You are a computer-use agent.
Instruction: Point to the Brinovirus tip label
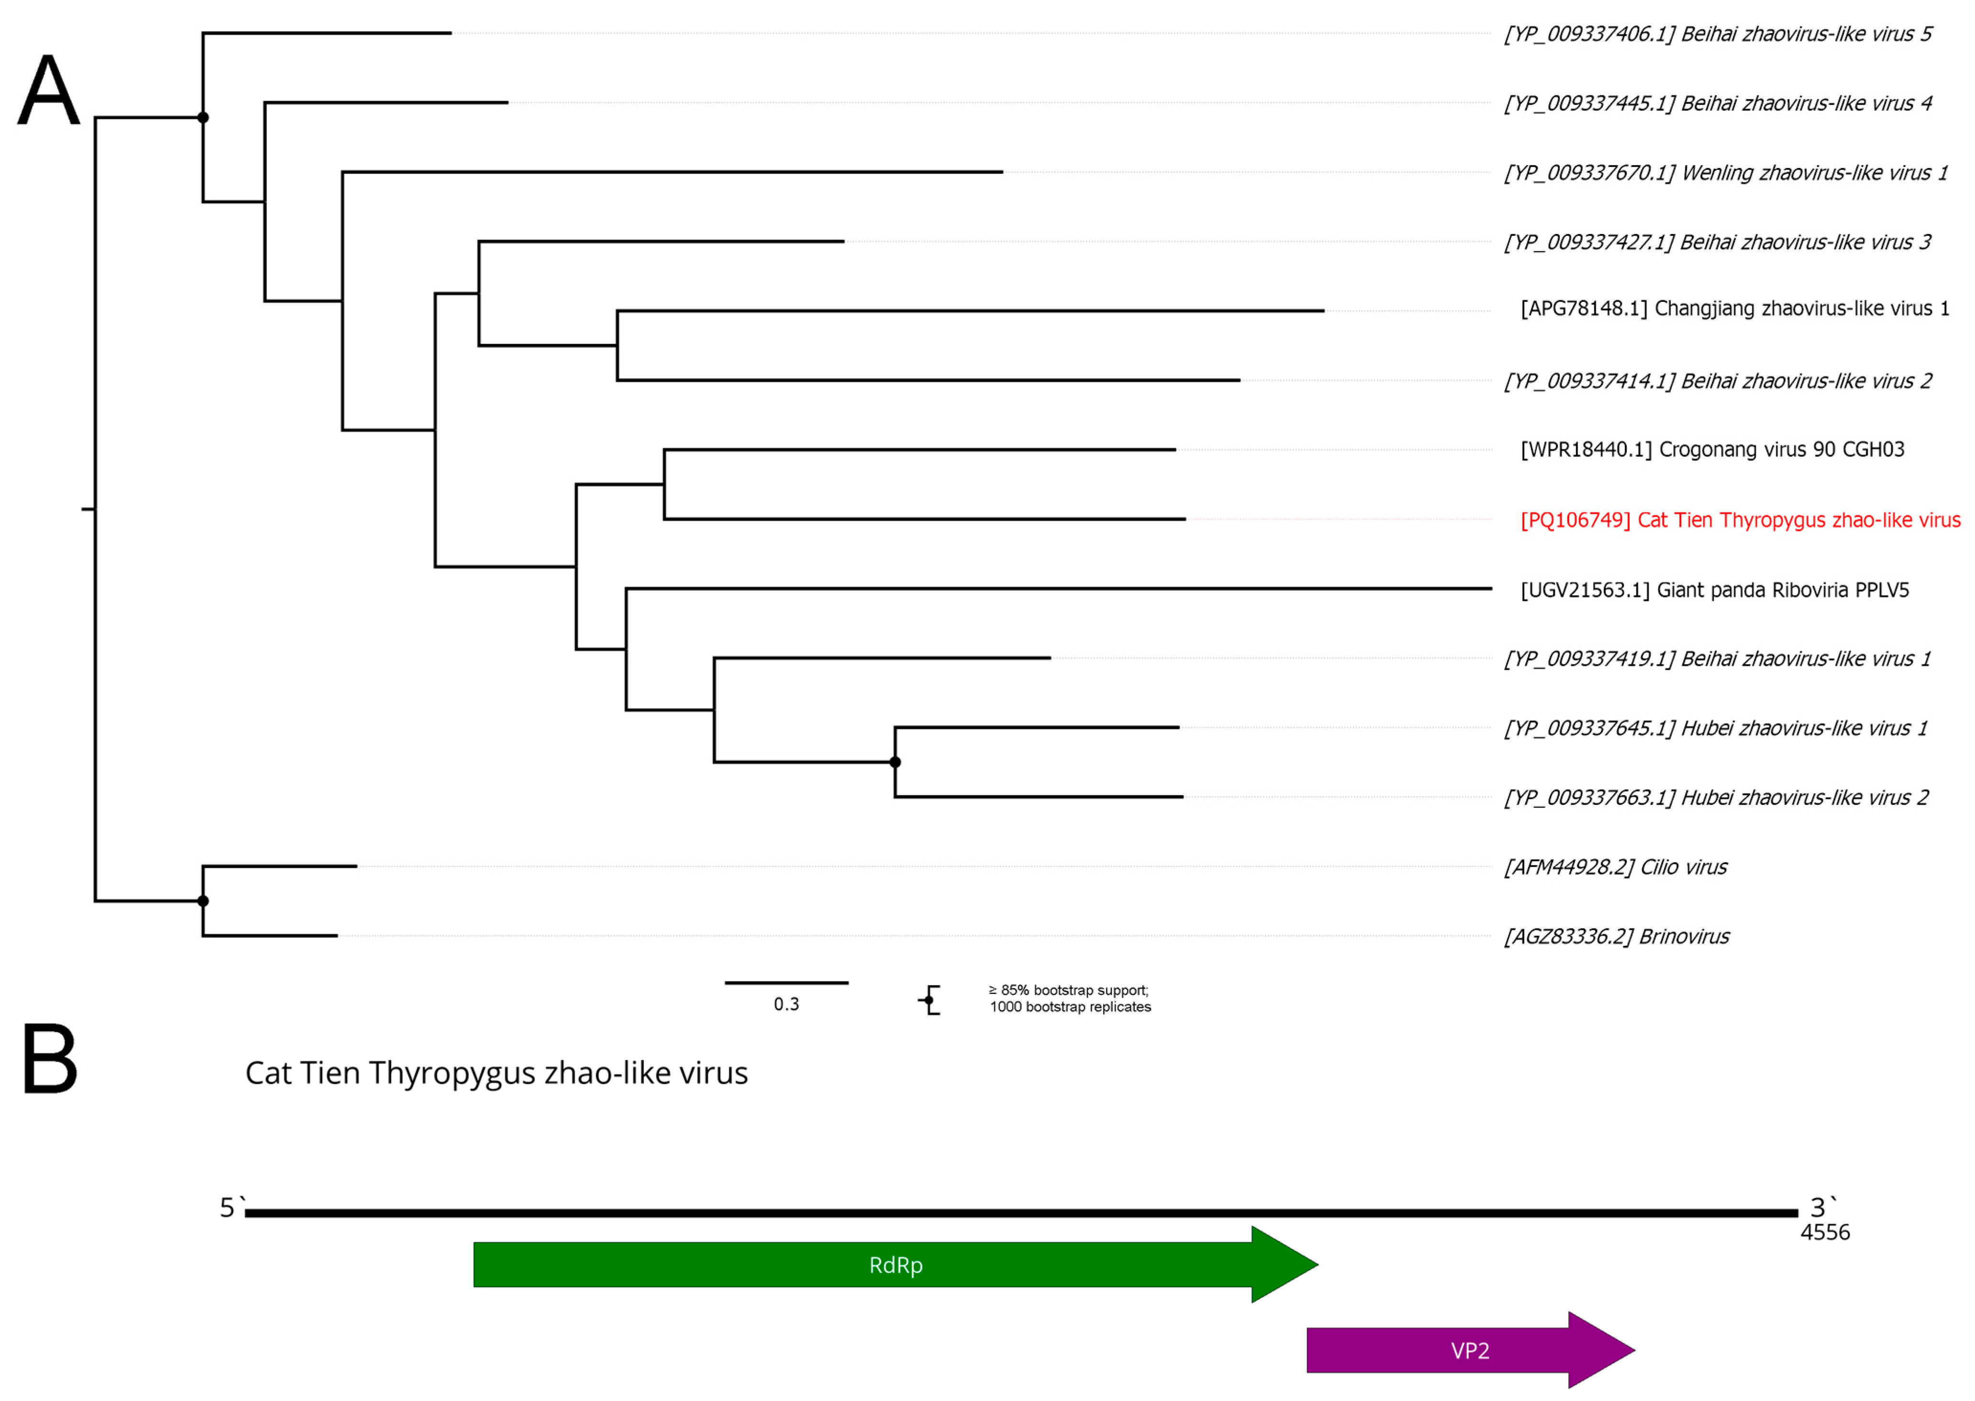[1616, 937]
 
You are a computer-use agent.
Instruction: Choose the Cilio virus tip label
[1615, 867]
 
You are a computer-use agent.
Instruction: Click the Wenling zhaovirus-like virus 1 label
[1725, 173]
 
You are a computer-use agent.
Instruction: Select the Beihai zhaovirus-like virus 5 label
[1717, 33]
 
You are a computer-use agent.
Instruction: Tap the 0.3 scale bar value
[786, 1004]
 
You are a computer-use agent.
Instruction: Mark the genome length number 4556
[1824, 1232]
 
